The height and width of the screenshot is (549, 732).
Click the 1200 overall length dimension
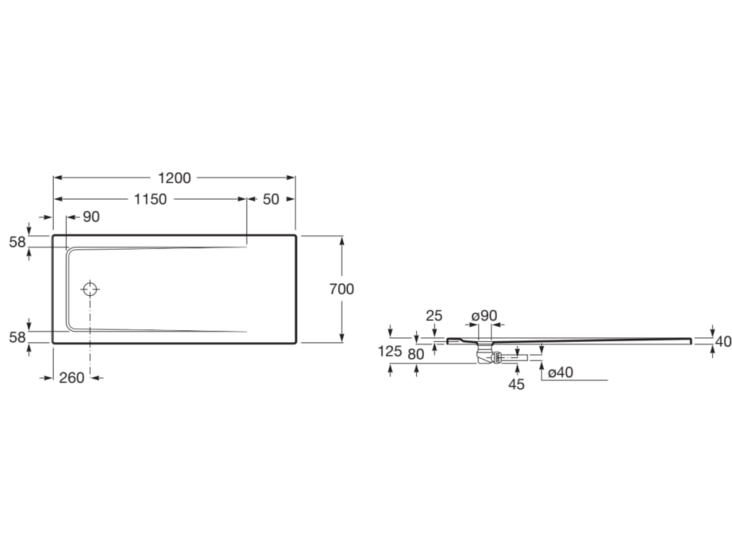coord(174,178)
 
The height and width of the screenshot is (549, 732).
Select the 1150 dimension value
coord(150,199)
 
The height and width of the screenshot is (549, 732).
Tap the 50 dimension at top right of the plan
coord(271,199)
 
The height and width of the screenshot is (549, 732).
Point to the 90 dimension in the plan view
coord(91,217)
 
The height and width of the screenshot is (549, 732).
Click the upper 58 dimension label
coord(18,242)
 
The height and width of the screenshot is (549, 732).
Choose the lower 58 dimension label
coord(18,337)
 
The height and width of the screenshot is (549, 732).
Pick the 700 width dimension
coord(342,290)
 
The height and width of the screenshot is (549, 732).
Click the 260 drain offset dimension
coord(72,377)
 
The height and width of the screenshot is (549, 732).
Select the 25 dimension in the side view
coord(434,316)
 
